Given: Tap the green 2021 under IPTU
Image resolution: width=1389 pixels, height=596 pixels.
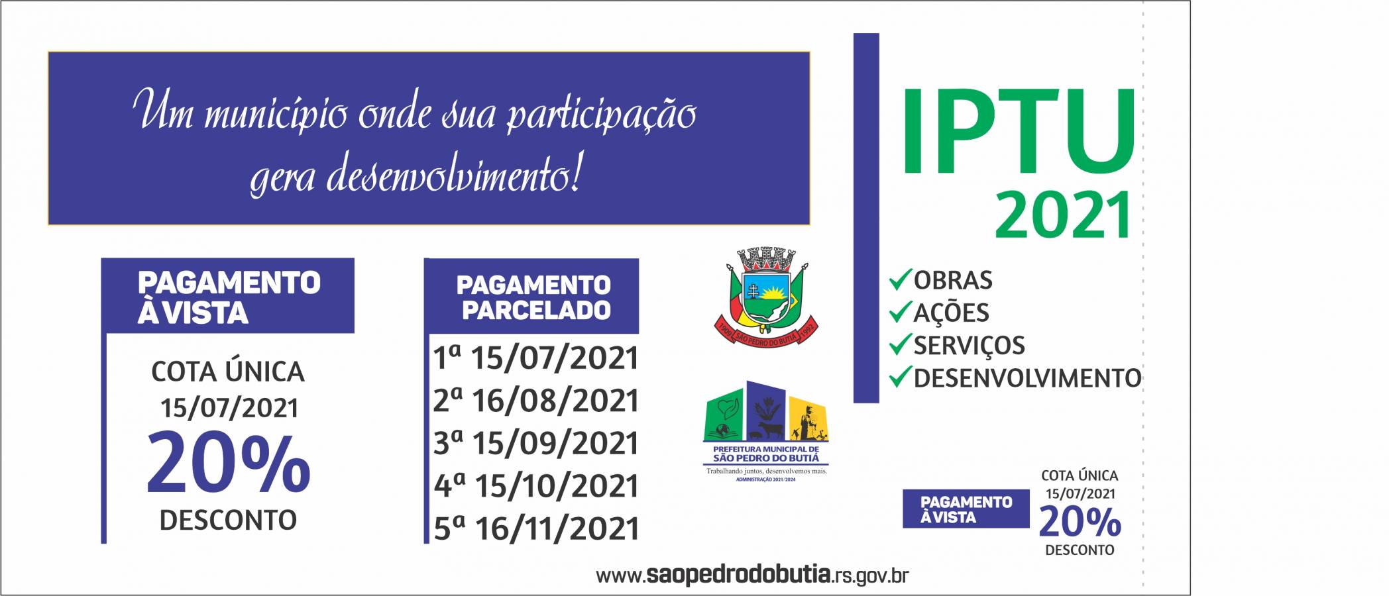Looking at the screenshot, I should [1063, 215].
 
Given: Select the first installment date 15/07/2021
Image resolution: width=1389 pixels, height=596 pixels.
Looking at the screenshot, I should [535, 358].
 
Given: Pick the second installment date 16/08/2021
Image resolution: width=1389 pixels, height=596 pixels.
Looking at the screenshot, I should [535, 401].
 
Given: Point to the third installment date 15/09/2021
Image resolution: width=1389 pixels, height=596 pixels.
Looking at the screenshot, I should [535, 443].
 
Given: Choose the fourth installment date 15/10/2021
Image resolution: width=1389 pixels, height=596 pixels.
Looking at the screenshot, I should [535, 486].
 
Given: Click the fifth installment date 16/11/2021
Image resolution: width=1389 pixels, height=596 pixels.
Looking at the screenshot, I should [535, 528].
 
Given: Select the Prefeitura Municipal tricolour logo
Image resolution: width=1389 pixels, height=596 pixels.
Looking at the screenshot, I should [765, 430].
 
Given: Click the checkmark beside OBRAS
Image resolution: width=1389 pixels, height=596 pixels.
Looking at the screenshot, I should [900, 279].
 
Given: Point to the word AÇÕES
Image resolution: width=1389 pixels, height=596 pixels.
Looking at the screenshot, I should [951, 313].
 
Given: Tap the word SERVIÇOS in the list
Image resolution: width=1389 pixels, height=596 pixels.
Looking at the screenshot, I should [969, 346].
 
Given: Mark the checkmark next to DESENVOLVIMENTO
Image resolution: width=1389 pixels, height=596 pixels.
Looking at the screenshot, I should [900, 377].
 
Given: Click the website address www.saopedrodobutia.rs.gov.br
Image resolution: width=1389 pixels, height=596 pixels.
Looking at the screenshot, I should [752, 575].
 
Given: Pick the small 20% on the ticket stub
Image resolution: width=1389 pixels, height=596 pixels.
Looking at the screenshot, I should [1080, 522].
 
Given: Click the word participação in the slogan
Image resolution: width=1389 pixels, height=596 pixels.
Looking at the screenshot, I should [601, 114].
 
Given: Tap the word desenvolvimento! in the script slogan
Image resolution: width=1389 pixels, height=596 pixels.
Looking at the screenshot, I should [455, 175].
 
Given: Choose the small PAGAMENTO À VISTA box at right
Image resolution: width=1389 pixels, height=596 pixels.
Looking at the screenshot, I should [966, 509].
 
